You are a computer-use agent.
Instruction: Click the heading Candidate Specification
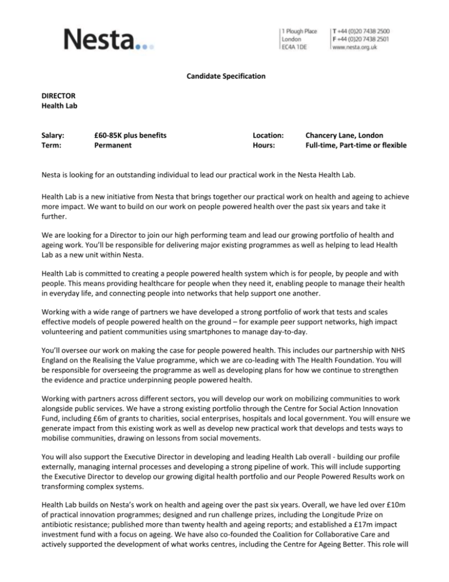pos(224,76)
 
